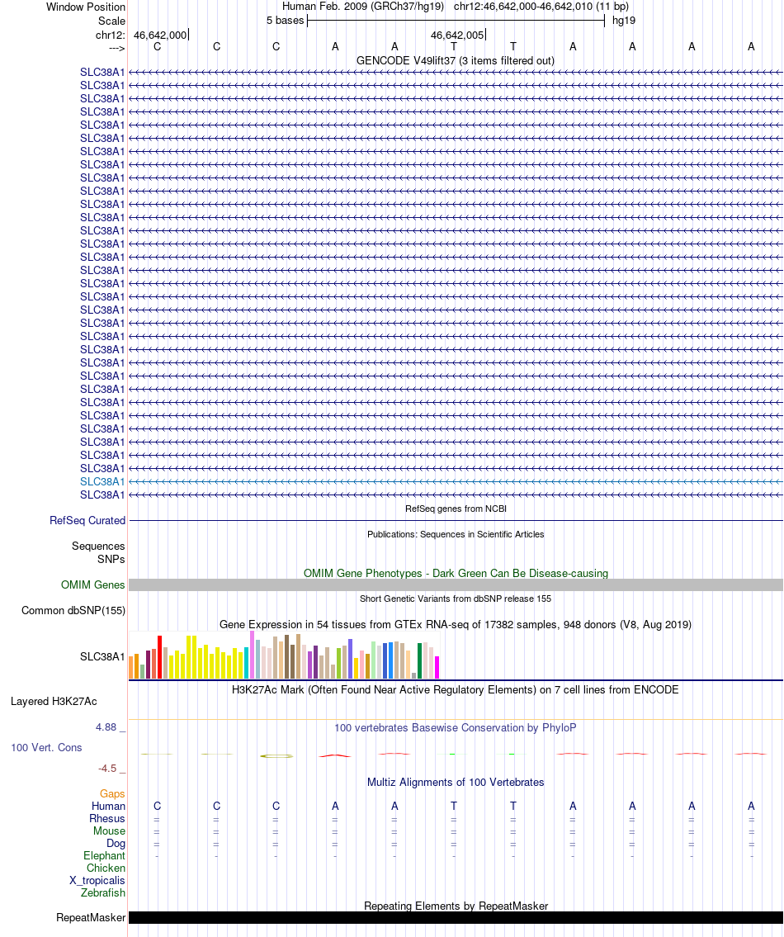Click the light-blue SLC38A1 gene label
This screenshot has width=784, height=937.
102,481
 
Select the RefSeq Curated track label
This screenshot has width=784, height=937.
87,520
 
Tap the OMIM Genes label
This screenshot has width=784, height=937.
93,584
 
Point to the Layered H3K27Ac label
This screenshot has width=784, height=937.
54,702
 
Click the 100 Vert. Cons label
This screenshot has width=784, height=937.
46,747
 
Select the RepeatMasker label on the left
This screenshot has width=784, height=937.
91,917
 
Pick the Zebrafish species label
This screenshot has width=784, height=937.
103,892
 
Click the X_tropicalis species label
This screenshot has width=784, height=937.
97,880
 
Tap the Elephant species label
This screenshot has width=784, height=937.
104,856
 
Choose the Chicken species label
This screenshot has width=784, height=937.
106,868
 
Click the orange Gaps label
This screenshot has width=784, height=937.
112,793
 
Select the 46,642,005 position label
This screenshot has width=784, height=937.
457,35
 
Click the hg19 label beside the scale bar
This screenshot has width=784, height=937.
623,20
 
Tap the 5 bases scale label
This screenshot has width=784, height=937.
285,20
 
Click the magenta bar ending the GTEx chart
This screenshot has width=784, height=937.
437,667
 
